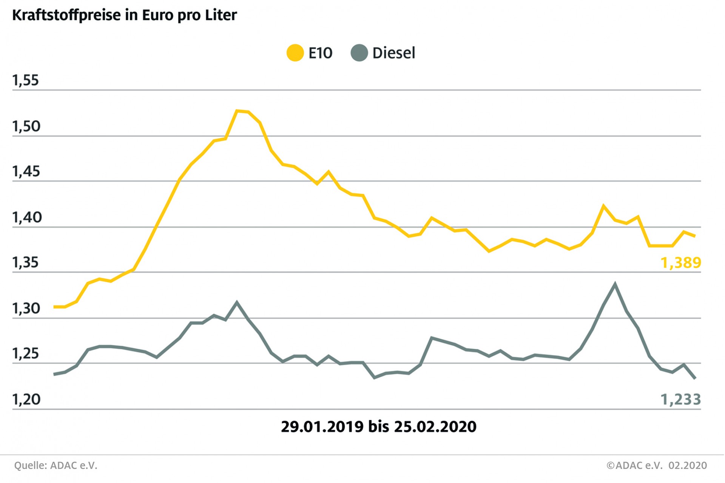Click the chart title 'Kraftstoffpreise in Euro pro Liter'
(x=125, y=15)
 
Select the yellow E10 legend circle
(x=295, y=53)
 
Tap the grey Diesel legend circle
(x=359, y=53)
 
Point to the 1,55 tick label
(x=26, y=80)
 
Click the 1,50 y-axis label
(x=26, y=126)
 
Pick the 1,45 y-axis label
(x=26, y=172)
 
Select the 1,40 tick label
(x=27, y=217)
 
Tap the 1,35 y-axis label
(x=26, y=263)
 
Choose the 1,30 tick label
(x=26, y=309)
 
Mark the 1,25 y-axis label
(x=26, y=354)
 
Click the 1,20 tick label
(x=26, y=399)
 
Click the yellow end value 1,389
(x=680, y=263)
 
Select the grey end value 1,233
(x=680, y=399)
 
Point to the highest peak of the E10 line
(x=237, y=111)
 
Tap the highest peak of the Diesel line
(x=615, y=284)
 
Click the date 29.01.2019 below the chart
(x=322, y=427)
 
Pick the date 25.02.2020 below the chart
(x=435, y=427)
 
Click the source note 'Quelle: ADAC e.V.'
(x=56, y=466)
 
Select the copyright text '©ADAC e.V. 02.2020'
(x=657, y=466)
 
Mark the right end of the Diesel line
(x=695, y=378)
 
